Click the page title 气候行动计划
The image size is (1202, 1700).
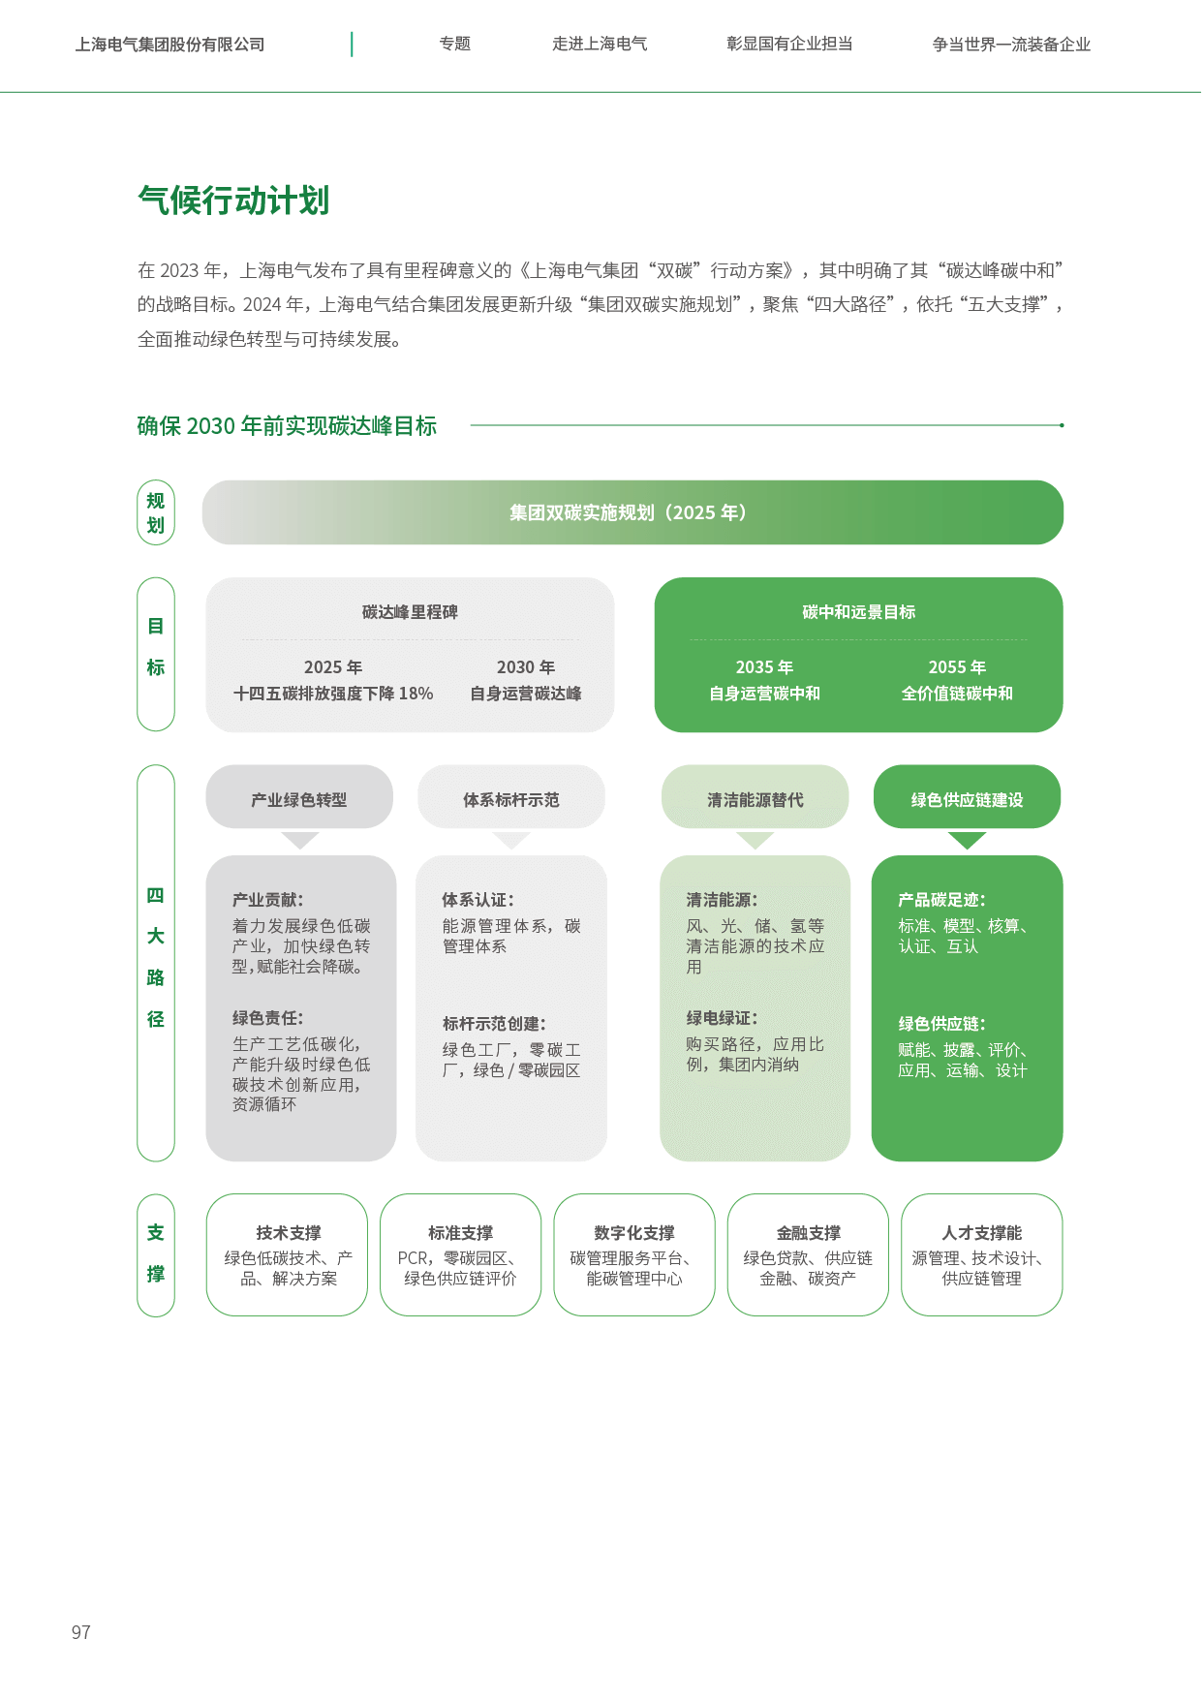pyautogui.click(x=233, y=201)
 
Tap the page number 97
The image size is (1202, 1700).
pyautogui.click(x=81, y=1632)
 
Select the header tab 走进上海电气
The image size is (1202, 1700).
pyautogui.click(x=600, y=44)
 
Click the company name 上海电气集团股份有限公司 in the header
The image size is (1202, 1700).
pyautogui.click(x=170, y=45)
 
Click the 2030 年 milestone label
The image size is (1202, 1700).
pyautogui.click(x=526, y=667)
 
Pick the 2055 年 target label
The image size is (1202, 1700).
pyautogui.click(x=957, y=667)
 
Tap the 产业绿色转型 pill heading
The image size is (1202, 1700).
pyautogui.click(x=298, y=799)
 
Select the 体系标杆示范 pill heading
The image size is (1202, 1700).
pyautogui.click(x=510, y=799)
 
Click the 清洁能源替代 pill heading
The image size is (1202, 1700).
pyautogui.click(x=755, y=799)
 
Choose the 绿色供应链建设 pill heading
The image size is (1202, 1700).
pyautogui.click(x=967, y=799)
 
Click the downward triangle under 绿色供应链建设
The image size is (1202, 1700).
pyautogui.click(x=967, y=840)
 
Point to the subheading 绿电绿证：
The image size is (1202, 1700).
pyautogui.click(x=722, y=1018)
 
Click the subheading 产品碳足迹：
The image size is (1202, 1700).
pyautogui.click(x=941, y=900)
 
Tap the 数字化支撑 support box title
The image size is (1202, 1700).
pyautogui.click(x=634, y=1233)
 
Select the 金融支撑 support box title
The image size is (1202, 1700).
pyautogui.click(x=808, y=1233)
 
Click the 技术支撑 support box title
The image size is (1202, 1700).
pyautogui.click(x=289, y=1233)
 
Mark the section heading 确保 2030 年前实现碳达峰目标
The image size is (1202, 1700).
pyautogui.click(x=287, y=426)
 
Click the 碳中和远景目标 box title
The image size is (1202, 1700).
pyautogui.click(x=858, y=612)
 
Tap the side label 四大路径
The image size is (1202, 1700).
pyautogui.click(x=156, y=957)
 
